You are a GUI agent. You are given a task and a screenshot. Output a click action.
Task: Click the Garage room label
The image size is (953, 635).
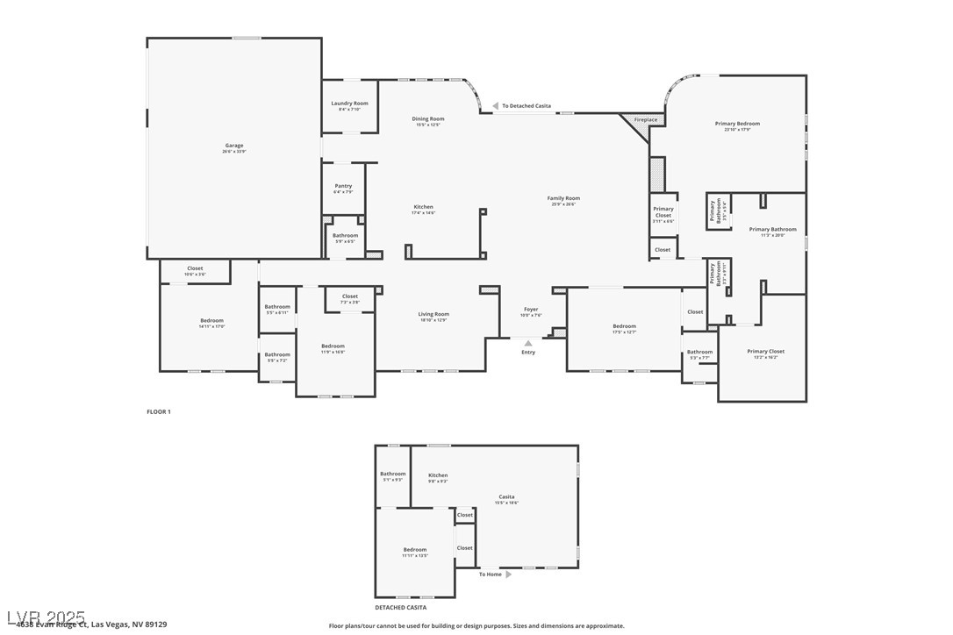coord(233,146)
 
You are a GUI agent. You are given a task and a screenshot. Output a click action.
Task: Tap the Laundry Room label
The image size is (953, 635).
coord(349,103)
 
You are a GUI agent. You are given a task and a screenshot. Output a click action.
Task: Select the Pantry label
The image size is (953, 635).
coord(343,186)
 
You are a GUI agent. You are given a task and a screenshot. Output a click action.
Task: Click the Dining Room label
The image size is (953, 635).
coord(428,118)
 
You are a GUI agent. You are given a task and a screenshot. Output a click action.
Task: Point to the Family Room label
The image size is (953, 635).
coord(563,198)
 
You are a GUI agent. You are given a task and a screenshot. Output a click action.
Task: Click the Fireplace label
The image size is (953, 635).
coord(646,119)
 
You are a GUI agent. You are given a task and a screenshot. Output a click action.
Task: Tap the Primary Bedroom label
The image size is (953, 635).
coord(737,124)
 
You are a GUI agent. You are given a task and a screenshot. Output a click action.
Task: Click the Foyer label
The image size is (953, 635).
coord(531,309)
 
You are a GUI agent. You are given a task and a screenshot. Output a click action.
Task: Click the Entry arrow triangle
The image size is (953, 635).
coord(528,343)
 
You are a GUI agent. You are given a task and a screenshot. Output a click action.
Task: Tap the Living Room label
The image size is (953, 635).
coord(434,314)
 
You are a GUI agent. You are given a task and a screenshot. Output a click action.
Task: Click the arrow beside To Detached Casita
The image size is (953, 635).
coord(496,105)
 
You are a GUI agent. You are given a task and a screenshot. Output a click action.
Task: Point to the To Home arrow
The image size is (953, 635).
coord(508,574)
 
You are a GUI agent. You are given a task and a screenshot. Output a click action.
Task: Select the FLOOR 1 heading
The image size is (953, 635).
coord(158,411)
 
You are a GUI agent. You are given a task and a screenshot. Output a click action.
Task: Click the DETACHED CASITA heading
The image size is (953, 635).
coord(400,607)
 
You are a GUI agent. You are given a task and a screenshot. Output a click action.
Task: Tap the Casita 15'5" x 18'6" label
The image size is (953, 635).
coord(507,496)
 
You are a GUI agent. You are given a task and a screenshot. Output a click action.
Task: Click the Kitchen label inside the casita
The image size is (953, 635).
coord(438,475)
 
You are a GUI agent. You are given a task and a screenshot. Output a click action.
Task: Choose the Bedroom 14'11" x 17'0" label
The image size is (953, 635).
coord(211,320)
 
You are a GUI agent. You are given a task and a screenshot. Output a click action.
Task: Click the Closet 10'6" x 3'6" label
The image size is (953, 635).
coord(195,268)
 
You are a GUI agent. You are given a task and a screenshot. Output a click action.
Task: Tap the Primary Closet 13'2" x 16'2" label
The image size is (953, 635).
coord(765,352)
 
